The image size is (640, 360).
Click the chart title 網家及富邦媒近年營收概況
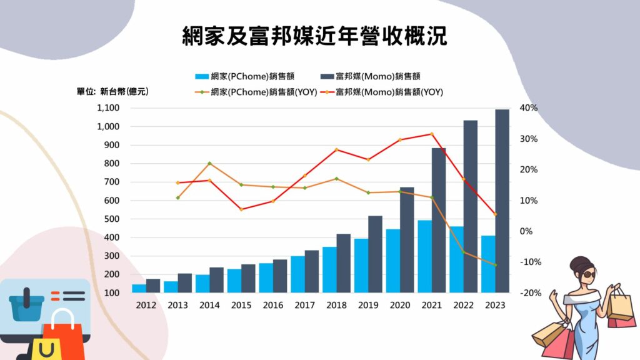[x=314, y=36]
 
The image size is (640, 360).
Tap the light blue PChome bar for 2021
[x=425, y=256]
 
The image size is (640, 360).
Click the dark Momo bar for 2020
[x=407, y=240]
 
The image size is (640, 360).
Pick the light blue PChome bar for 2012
[x=139, y=288]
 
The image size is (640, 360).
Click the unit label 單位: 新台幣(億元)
[x=113, y=92]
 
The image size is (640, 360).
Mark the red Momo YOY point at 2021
[x=432, y=134]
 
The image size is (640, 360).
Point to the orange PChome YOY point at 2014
[x=209, y=163]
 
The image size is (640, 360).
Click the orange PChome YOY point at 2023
[x=496, y=265]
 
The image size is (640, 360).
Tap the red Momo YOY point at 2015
[x=241, y=209]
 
